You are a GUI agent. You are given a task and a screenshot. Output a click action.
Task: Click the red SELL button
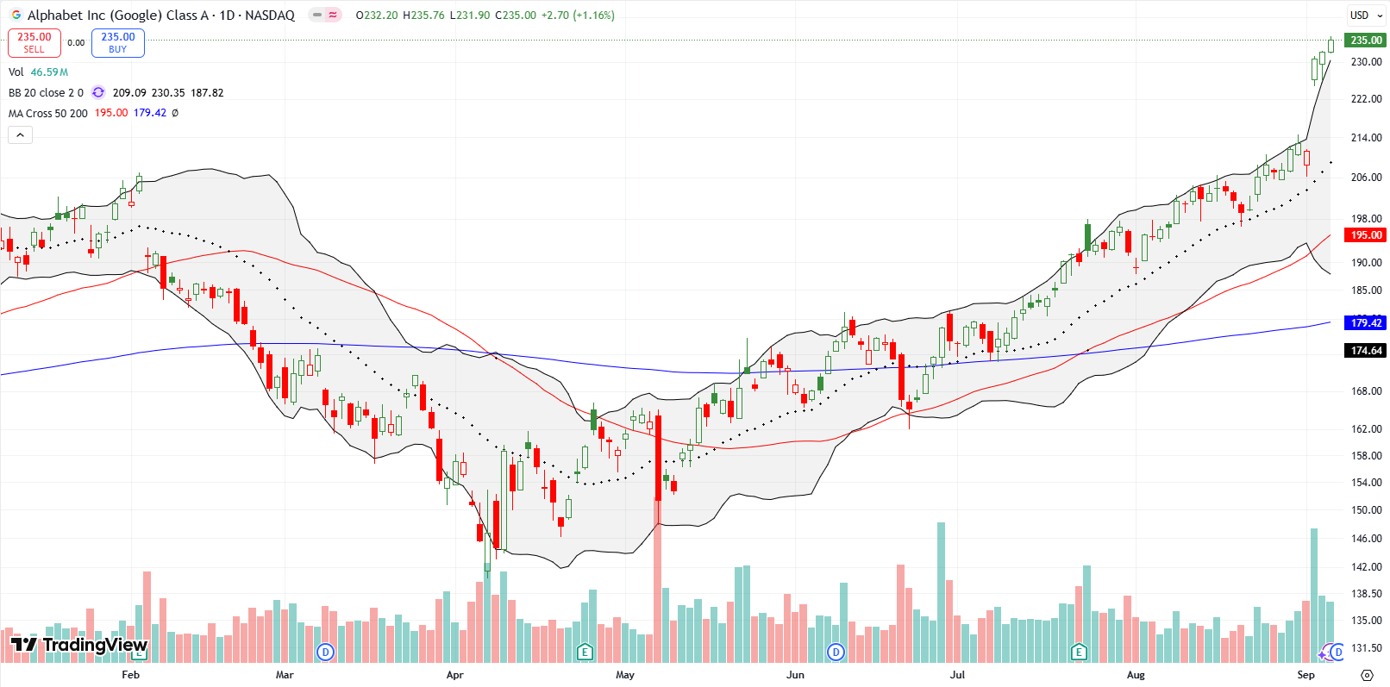[34, 42]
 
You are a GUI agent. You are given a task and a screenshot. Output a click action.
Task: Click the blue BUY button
[118, 42]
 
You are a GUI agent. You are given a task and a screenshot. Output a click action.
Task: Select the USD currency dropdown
[1364, 15]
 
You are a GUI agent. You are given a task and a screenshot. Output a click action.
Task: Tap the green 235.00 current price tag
[1366, 40]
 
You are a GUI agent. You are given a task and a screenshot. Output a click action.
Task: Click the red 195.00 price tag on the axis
[1366, 235]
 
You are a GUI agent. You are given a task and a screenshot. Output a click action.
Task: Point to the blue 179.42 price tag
[1366, 322]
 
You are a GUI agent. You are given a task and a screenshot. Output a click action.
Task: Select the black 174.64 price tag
[1366, 350]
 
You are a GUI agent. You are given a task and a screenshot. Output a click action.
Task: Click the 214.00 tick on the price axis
[1366, 138]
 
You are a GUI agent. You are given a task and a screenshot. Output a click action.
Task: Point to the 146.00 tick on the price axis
[1366, 539]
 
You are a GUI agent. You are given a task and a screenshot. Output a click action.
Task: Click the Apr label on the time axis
[454, 675]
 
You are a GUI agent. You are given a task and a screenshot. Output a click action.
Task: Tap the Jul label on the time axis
[957, 675]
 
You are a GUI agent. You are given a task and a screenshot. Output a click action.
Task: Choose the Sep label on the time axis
[1305, 675]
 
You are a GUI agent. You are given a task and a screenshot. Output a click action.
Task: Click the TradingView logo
[79, 645]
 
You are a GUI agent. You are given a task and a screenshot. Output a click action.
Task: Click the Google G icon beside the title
[16, 15]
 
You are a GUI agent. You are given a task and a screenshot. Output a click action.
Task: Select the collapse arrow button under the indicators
[20, 134]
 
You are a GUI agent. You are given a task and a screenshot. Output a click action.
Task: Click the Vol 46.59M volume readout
[39, 72]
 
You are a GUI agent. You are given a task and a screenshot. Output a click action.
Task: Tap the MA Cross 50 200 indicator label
[48, 113]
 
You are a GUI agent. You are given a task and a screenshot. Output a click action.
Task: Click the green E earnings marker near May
[585, 652]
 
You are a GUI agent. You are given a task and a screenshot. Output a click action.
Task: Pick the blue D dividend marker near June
[836, 652]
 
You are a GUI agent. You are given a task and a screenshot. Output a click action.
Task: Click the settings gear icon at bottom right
[1367, 675]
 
